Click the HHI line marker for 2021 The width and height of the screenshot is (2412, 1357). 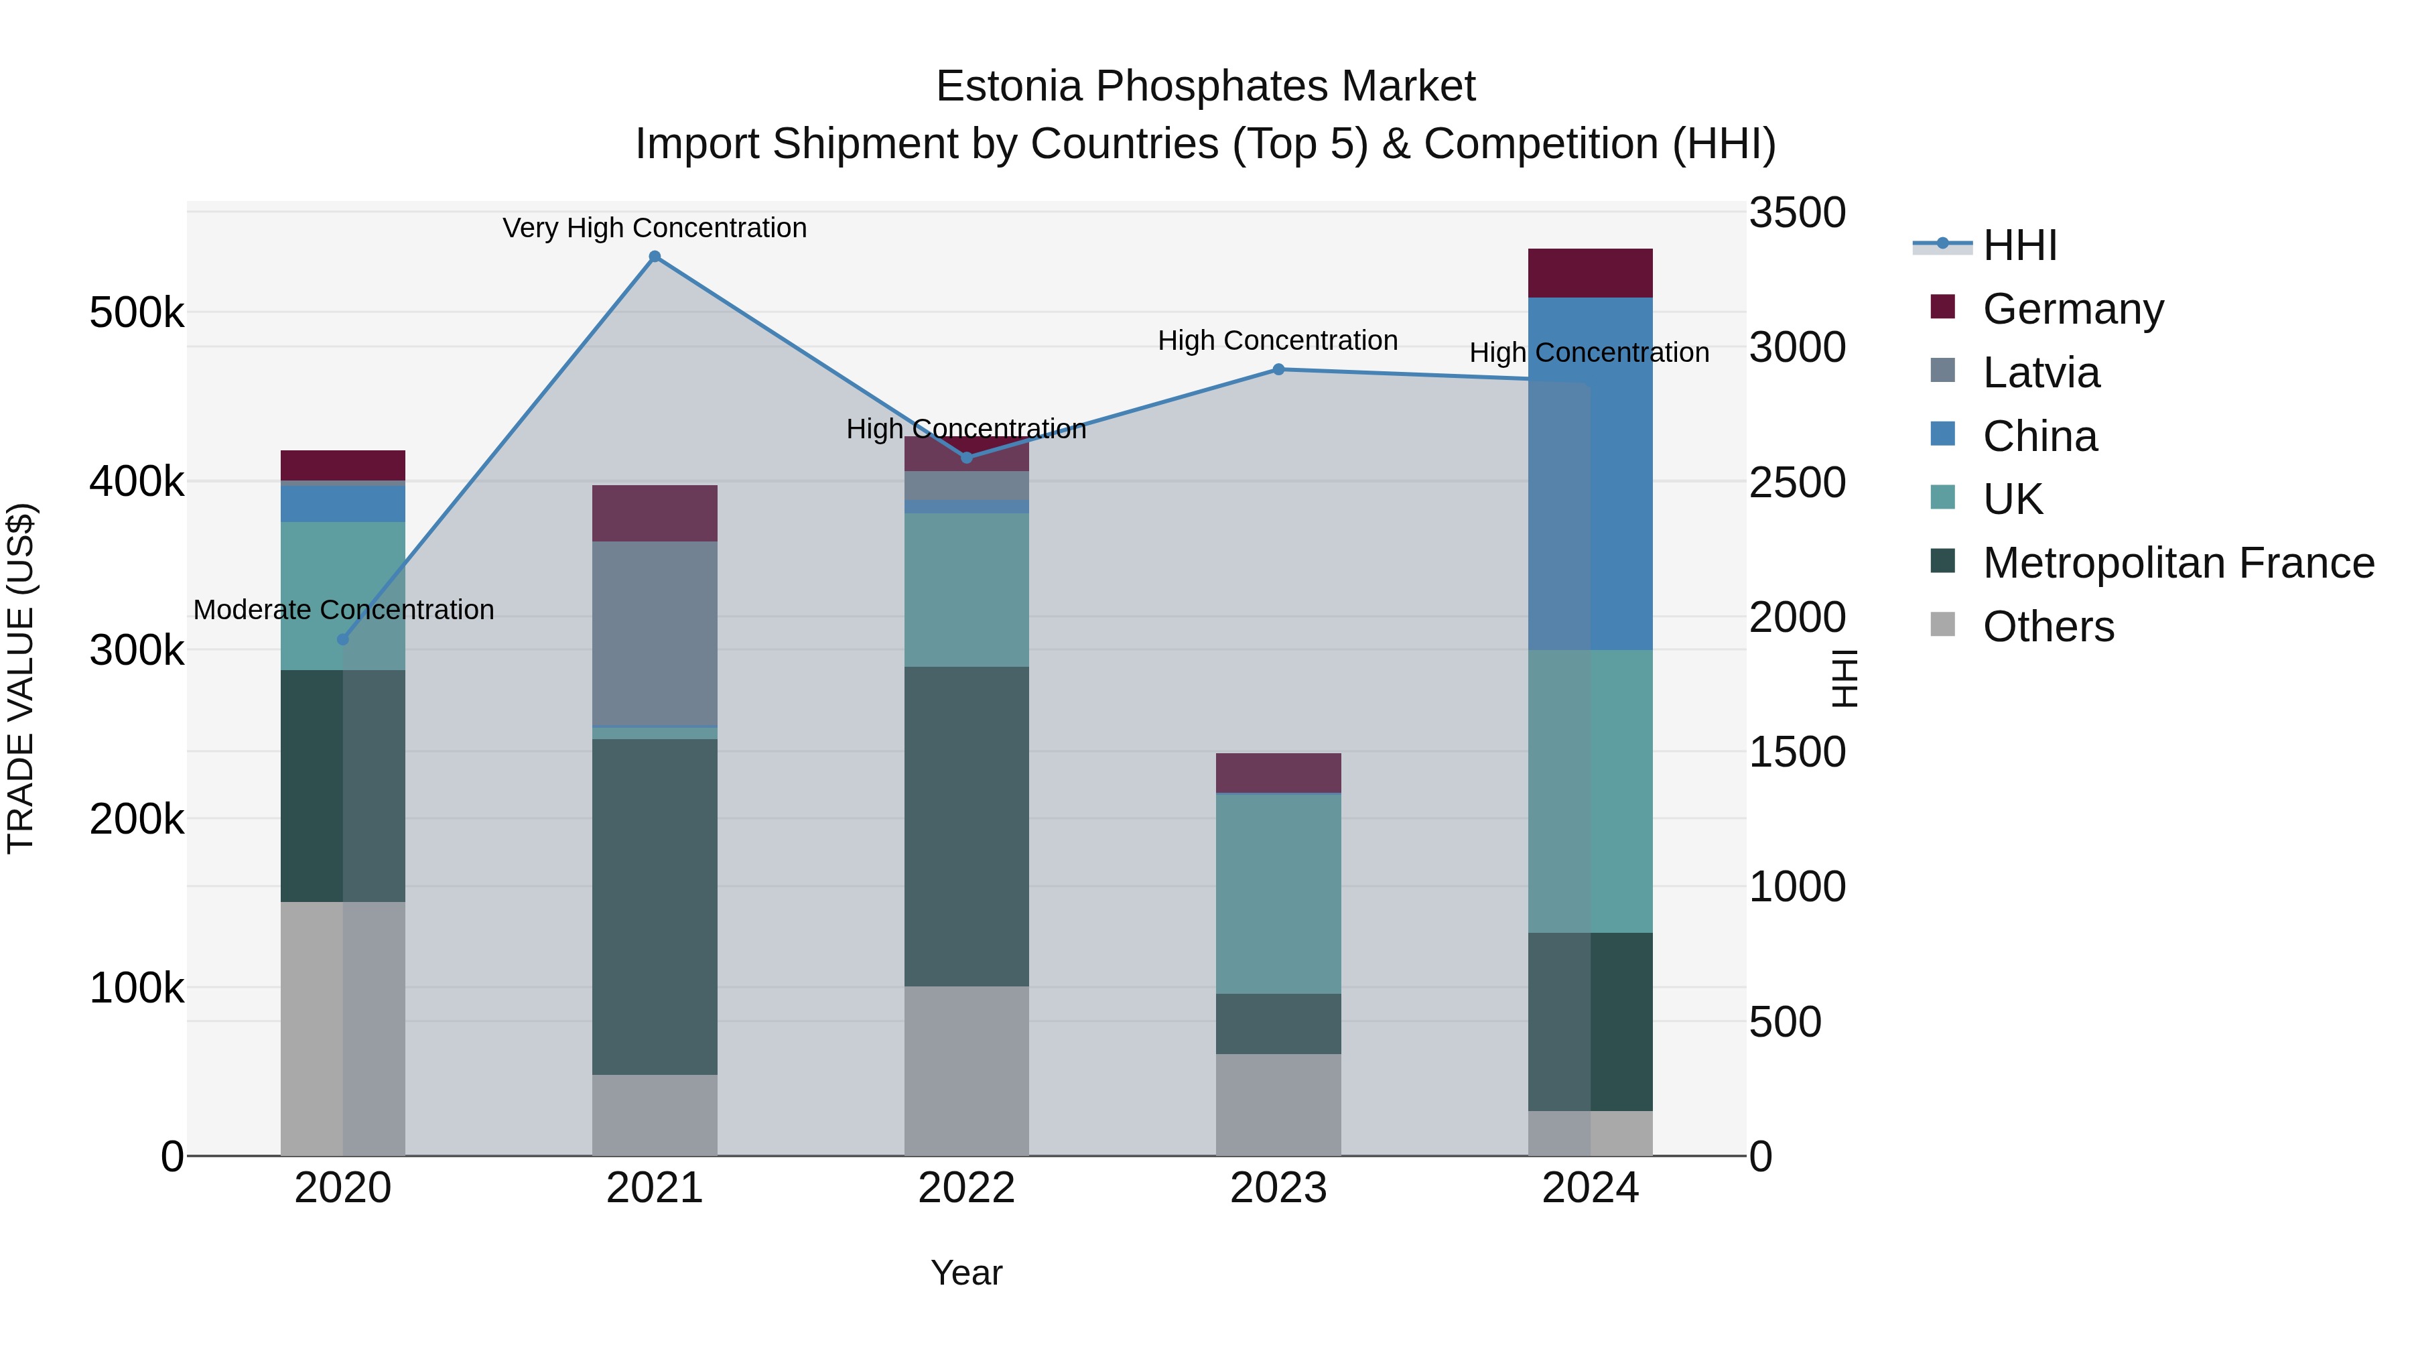(655, 257)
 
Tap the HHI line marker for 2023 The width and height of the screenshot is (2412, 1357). (1278, 370)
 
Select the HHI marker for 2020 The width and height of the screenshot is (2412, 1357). (342, 640)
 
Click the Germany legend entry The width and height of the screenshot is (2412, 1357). (2072, 309)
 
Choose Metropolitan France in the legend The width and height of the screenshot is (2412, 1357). (2178, 563)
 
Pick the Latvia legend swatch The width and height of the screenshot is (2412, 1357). (1943, 371)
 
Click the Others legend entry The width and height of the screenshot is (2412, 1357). (2048, 627)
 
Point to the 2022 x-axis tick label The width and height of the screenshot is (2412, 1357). (966, 1188)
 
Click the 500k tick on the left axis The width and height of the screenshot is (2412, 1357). (137, 313)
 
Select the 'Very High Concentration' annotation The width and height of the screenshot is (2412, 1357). (655, 228)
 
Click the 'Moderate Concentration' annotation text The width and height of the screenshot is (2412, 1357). (344, 610)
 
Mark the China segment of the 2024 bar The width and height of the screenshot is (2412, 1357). (1590, 473)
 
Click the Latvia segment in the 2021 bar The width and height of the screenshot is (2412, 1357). (655, 633)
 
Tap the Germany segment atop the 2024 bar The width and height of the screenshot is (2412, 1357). (1590, 273)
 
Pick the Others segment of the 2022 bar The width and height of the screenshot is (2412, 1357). (966, 1070)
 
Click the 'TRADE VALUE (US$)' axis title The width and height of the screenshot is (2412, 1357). (21, 678)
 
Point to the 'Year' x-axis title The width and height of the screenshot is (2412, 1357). (966, 1273)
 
